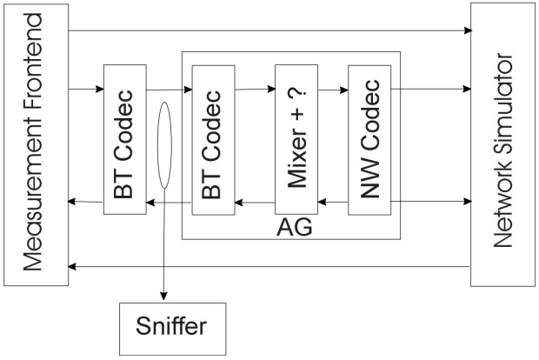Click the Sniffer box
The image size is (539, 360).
(171, 330)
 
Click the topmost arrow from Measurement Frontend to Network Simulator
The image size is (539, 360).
(269, 31)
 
